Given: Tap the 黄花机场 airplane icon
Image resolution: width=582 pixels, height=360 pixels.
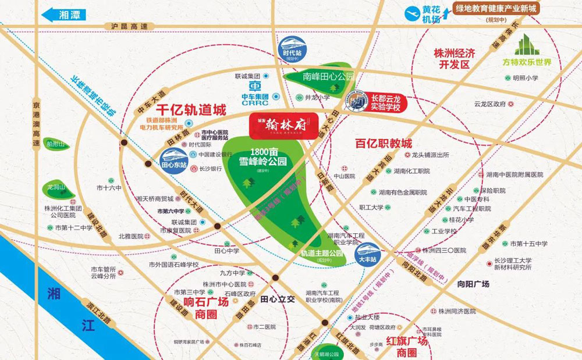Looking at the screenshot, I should [x=416, y=13].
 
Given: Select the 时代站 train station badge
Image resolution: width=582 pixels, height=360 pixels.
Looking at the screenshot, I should [x=290, y=47].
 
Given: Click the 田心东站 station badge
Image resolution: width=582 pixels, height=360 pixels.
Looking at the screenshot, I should [x=173, y=156].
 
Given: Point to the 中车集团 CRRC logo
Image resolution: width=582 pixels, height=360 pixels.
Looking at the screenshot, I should [x=254, y=93].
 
